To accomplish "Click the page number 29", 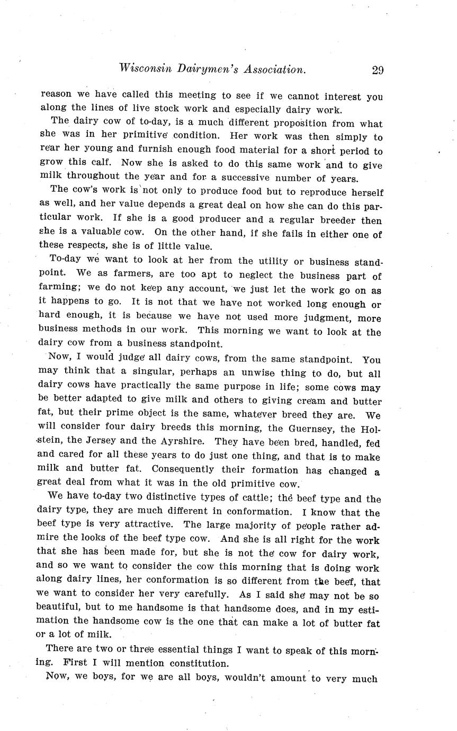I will (x=378, y=70).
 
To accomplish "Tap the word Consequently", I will (x=185, y=470).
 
